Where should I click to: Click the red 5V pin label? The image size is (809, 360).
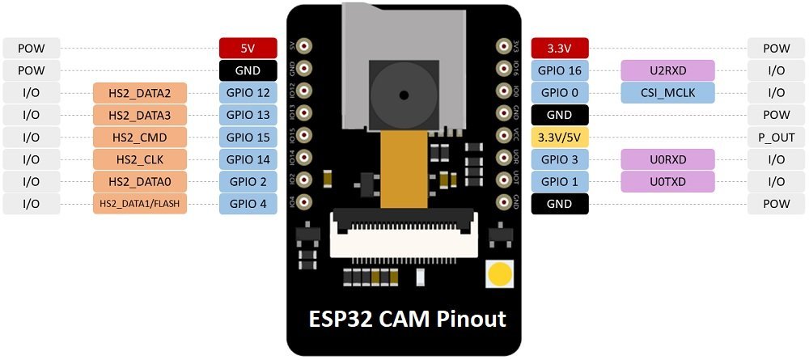(248, 48)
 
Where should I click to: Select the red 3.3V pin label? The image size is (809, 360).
(560, 48)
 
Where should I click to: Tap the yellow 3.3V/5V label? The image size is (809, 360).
(560, 137)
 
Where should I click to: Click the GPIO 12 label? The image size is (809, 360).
(248, 92)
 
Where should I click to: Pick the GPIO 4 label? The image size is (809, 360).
(248, 204)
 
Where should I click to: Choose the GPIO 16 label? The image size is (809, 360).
(560, 70)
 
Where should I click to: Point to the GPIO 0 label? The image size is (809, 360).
(560, 92)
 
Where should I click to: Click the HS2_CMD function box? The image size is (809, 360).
(141, 137)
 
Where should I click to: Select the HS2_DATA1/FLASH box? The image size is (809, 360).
(141, 204)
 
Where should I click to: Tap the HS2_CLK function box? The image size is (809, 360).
(141, 159)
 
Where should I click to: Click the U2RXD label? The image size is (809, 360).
(667, 70)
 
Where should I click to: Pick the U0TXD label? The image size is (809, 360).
(667, 181)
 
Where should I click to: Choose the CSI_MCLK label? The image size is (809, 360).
(667, 92)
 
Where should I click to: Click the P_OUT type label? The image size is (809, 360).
(773, 137)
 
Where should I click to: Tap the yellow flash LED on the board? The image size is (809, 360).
(499, 274)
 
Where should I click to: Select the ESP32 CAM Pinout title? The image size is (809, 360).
(407, 319)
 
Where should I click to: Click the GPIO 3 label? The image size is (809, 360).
(560, 159)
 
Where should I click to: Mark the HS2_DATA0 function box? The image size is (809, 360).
(141, 181)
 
